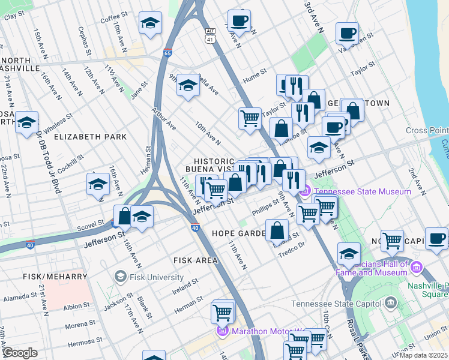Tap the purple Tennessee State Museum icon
tap(305, 192)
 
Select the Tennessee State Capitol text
tap(337, 304)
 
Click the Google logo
tap(20, 353)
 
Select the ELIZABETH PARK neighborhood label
tap(90, 137)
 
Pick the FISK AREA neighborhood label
tap(195, 260)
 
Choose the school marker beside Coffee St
tap(150, 23)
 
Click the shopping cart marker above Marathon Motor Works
tap(222, 311)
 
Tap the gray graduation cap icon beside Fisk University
tap(120, 277)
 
